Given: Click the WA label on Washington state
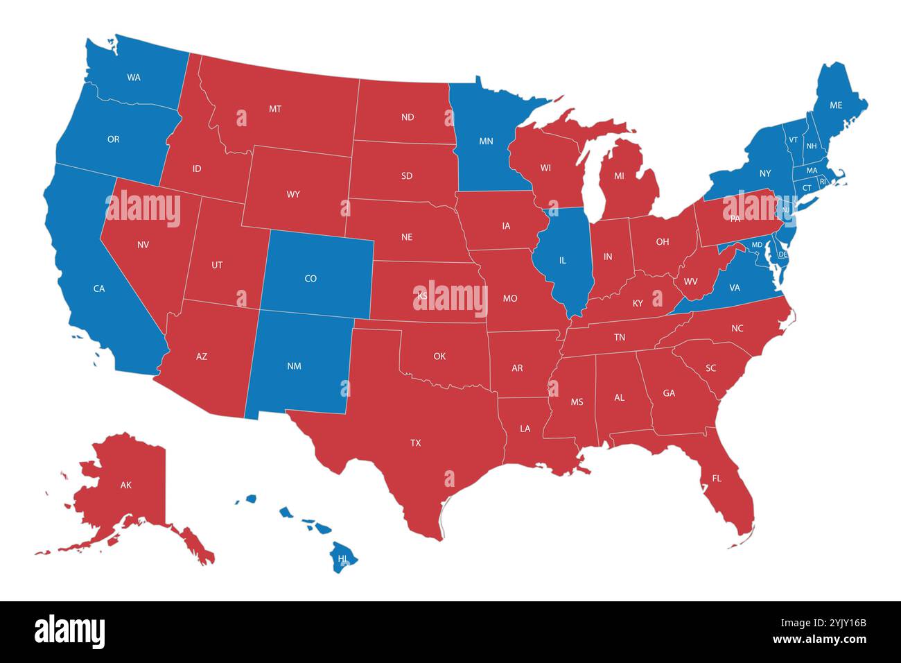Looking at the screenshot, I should (x=134, y=78).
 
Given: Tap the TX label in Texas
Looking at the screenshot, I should (x=415, y=442).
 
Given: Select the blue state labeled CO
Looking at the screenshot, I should (x=310, y=279).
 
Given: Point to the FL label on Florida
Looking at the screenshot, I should (x=716, y=479).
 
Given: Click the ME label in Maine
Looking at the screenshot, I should (x=836, y=105).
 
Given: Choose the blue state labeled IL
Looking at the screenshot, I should (x=563, y=261).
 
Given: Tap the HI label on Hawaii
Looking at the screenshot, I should (x=342, y=558).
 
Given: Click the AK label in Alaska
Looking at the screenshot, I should (x=125, y=485).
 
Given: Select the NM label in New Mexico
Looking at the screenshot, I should (x=294, y=366).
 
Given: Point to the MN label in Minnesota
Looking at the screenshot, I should (x=486, y=141).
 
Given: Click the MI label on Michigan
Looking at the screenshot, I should (x=619, y=176).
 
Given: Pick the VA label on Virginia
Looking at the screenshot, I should (x=735, y=288).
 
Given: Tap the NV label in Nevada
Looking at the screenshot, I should (x=143, y=245).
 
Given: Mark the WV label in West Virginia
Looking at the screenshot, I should (x=690, y=282).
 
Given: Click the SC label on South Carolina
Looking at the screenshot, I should (x=710, y=368).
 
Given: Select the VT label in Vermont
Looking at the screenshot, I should (x=793, y=139).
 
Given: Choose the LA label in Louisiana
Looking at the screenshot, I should (x=525, y=429).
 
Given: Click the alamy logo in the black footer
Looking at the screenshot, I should (x=70, y=631).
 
